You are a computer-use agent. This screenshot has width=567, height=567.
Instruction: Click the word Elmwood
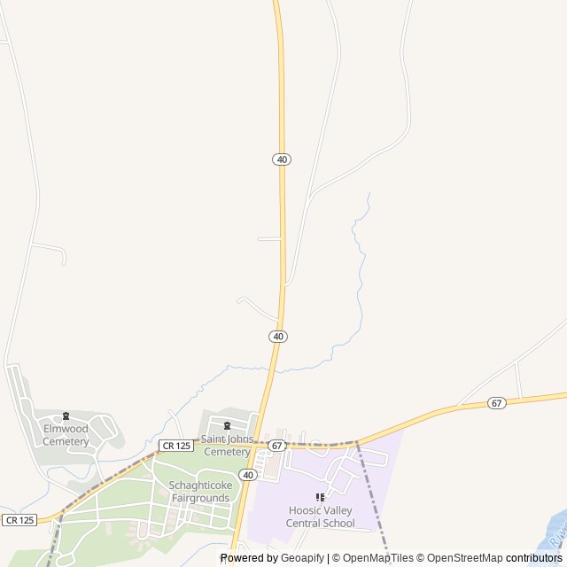tap(66, 430)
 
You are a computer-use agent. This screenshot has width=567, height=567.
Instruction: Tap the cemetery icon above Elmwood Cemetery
tap(66, 416)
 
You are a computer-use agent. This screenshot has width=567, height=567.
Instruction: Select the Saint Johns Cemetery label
tap(227, 445)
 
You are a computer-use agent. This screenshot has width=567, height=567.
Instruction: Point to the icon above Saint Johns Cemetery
tap(227, 425)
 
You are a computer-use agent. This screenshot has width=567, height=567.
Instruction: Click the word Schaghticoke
tap(200, 485)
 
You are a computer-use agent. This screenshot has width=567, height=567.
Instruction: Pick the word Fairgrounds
tap(200, 498)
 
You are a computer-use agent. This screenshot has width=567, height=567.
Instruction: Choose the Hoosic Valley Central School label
tap(321, 517)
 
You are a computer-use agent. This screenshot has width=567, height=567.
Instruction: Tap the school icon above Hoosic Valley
tap(321, 498)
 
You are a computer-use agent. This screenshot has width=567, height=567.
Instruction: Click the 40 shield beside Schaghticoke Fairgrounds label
tap(248, 475)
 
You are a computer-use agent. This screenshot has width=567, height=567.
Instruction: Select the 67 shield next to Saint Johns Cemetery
tap(277, 445)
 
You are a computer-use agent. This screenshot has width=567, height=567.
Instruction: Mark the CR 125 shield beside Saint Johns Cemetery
tap(176, 446)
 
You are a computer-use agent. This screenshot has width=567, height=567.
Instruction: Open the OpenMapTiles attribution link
tap(377, 558)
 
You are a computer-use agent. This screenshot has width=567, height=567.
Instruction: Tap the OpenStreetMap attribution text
tap(464, 558)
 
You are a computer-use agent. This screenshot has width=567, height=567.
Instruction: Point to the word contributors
tap(534, 558)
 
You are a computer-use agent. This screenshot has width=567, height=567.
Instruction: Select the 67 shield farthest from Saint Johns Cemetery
tap(496, 403)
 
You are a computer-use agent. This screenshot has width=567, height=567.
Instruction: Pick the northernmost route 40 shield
tap(282, 159)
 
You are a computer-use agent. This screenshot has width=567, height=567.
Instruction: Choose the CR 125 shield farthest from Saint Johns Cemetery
tap(19, 520)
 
